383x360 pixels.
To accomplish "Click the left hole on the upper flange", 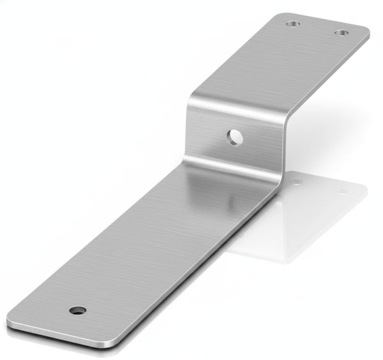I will click(292, 24).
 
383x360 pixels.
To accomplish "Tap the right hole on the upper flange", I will click(342, 33).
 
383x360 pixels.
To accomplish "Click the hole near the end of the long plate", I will click(78, 310).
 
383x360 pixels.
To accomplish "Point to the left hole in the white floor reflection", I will click(296, 183).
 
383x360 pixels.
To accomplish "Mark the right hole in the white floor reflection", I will click(342, 191).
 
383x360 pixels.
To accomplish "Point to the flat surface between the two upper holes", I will click(317, 29).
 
